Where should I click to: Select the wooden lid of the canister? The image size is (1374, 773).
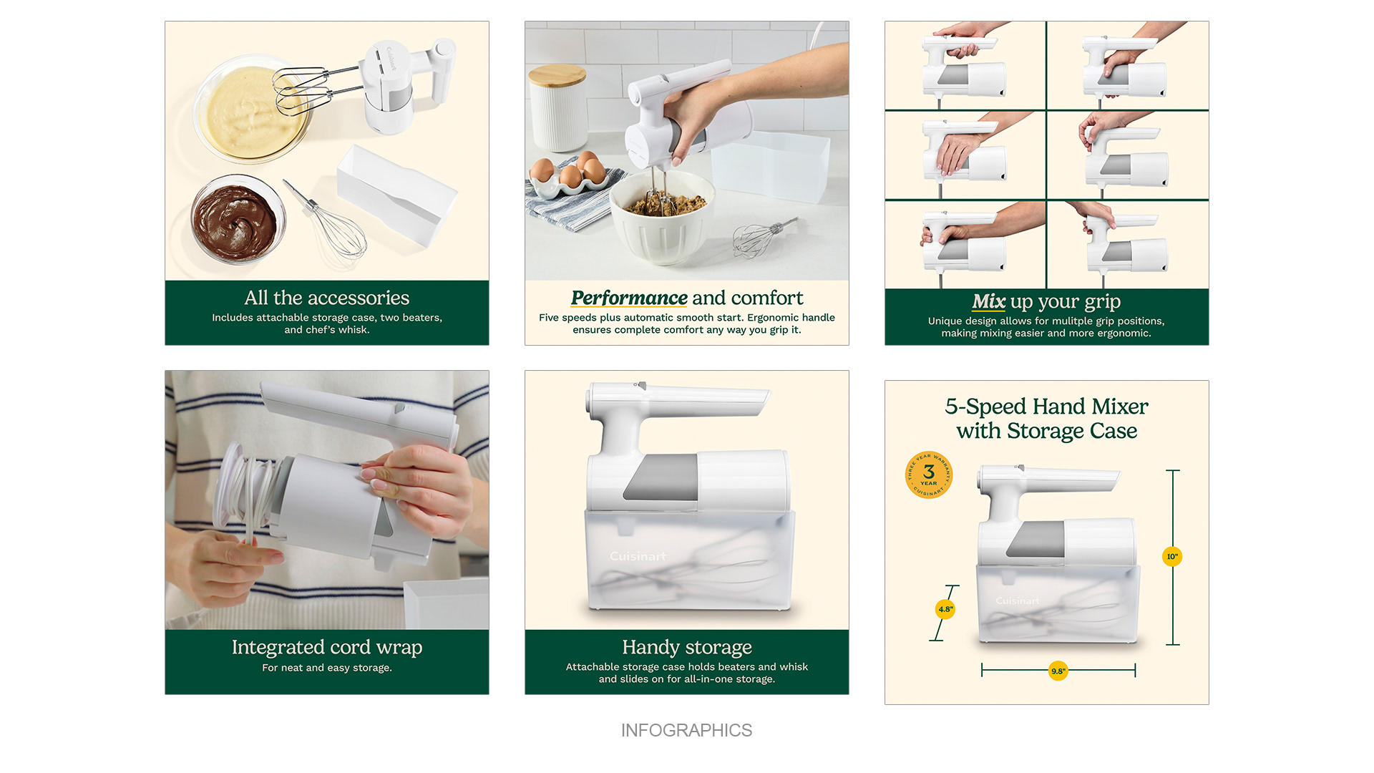557,74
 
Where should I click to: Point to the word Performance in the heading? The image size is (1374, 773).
629,298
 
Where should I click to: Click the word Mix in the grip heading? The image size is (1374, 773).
988,301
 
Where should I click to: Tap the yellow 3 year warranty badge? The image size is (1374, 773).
929,475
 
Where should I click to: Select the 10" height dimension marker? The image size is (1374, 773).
1172,556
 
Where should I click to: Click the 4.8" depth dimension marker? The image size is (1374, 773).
945,609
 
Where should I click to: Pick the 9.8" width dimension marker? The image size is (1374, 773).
1058,671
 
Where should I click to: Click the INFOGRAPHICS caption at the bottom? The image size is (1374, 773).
686,730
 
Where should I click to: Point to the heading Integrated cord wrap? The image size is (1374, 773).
327,647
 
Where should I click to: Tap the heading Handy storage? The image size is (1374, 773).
687,647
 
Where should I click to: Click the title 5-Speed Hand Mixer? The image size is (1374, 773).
1046,407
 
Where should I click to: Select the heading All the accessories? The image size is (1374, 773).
327,298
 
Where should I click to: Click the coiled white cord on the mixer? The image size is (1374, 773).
245,494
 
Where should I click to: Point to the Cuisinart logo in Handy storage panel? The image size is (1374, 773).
638,556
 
